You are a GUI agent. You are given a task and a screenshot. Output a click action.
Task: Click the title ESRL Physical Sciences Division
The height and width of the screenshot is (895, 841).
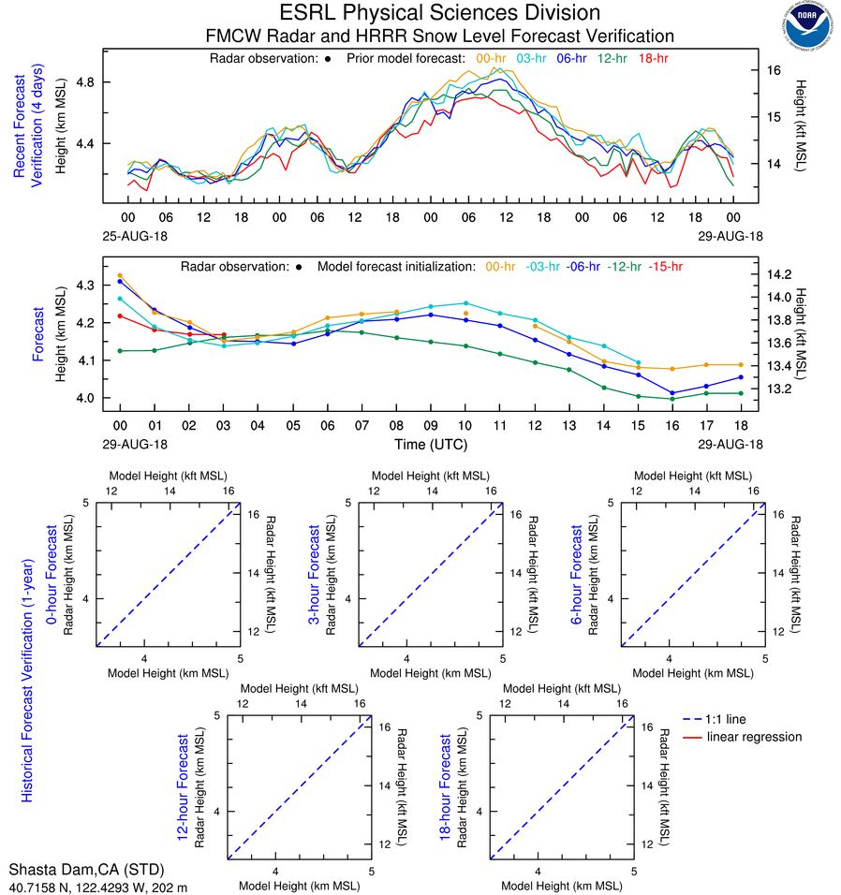(439, 13)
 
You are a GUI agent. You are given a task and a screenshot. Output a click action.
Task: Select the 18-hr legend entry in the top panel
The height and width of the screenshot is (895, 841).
(652, 58)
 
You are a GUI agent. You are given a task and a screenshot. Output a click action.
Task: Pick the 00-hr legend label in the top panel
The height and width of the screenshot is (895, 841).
(491, 58)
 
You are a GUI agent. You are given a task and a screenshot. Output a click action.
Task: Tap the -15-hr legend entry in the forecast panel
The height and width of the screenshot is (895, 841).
(665, 267)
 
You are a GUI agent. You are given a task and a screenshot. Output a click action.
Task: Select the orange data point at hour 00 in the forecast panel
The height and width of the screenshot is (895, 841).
(120, 276)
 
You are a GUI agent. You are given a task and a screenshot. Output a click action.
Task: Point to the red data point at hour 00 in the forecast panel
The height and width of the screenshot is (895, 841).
(120, 315)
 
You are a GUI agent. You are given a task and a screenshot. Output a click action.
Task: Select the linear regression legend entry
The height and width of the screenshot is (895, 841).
(754, 737)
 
